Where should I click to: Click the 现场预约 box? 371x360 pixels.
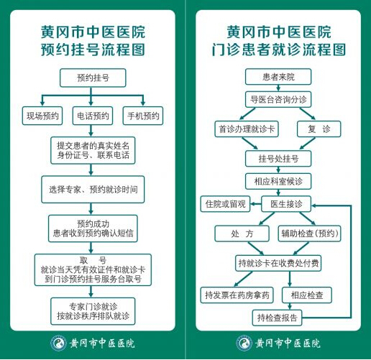tap(42, 116)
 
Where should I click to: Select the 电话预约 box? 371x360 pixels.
tap(93, 116)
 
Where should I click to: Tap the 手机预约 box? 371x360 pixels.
tap(143, 116)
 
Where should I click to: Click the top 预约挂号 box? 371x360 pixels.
tap(93, 78)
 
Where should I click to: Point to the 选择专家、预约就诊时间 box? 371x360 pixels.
tap(93, 190)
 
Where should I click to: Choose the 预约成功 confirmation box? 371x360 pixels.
tap(93, 229)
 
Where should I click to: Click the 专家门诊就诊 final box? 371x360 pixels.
tap(93, 311)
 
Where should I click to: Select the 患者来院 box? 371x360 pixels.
tap(278, 77)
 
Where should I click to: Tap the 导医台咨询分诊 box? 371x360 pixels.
tap(278, 99)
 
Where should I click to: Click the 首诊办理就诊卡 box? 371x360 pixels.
tap(247, 129)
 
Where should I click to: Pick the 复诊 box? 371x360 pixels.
tap(319, 129)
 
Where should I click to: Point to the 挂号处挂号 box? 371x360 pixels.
tap(278, 159)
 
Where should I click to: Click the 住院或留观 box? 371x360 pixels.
tap(225, 204)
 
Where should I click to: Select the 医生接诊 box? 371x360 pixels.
tap(286, 204)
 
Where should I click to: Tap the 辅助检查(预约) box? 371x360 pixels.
tap(309, 234)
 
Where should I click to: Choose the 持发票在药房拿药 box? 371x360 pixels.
tap(237, 295)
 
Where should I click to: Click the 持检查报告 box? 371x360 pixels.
tap(277, 318)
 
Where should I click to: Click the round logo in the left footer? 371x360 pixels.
tap(58, 343)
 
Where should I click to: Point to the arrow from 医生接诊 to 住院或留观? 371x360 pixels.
tap(256, 204)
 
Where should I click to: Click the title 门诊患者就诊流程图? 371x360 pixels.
tap(278, 50)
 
